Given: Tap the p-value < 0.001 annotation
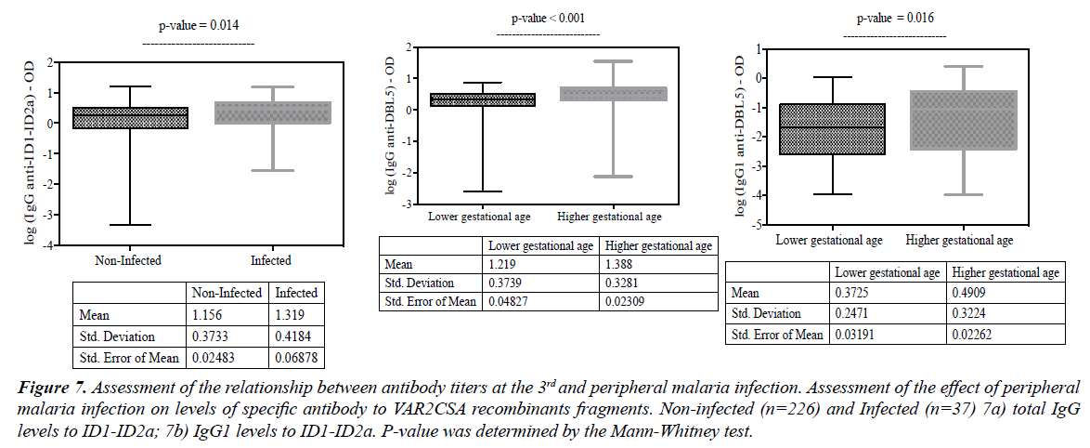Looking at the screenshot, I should click(x=548, y=18).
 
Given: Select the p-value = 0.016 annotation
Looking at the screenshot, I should click(x=895, y=18).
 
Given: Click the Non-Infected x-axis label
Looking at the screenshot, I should click(x=128, y=260).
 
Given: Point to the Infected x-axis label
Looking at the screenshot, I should click(x=271, y=260).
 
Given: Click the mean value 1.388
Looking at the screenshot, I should click(x=622, y=265).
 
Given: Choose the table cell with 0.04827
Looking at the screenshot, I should click(x=514, y=301).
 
